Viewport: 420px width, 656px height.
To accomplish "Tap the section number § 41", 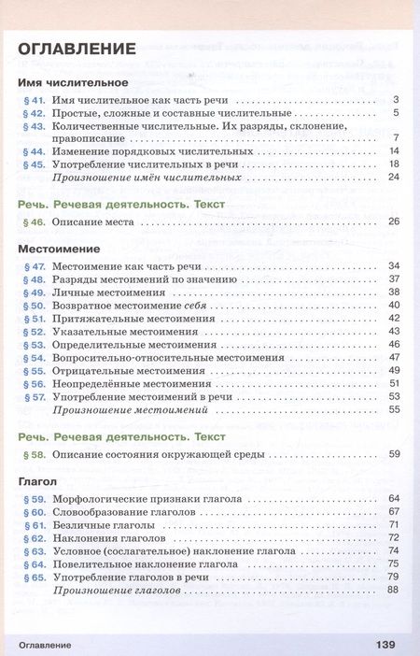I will [34, 100].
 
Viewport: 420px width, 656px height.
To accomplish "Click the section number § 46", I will [34, 221].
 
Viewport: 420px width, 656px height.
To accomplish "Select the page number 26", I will [393, 221].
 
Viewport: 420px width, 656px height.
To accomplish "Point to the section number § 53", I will [34, 344].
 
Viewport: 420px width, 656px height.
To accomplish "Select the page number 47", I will [393, 357].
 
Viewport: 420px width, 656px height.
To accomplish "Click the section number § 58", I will [34, 454].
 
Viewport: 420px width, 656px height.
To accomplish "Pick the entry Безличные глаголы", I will [106, 525].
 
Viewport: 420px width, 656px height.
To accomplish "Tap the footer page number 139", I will [385, 644].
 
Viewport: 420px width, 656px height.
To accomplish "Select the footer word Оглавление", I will [45, 645].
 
